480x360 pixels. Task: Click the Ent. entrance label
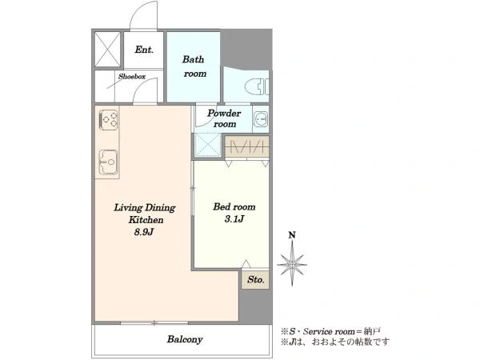(144, 50)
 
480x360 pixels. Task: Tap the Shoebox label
(132, 77)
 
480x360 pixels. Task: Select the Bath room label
(194, 66)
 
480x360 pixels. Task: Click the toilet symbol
(257, 86)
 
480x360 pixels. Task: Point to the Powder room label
(224, 118)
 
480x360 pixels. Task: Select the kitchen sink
(108, 162)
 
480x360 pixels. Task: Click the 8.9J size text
(143, 232)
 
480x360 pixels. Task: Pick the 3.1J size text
(234, 219)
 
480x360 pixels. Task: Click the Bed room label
(234, 207)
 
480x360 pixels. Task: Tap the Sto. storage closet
(255, 280)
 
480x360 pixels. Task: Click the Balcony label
(185, 339)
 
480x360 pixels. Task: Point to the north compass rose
(292, 264)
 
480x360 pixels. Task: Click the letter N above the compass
(292, 235)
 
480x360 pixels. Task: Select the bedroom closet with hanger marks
(246, 147)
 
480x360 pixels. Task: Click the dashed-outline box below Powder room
(208, 146)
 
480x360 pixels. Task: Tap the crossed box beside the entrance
(107, 49)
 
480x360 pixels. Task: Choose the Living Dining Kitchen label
(145, 214)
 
